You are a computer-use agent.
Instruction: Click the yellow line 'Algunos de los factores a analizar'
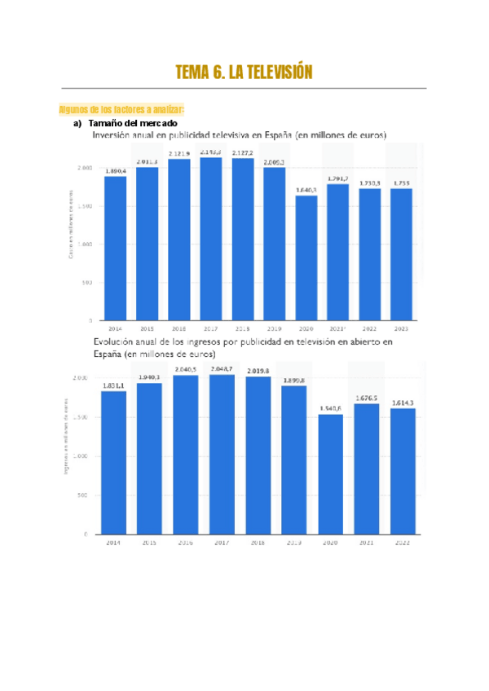click(x=122, y=109)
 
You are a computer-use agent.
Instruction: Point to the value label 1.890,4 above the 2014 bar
click(x=115, y=170)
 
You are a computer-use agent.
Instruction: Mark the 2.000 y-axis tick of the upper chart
click(x=84, y=167)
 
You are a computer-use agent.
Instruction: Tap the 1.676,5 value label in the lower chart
click(x=367, y=398)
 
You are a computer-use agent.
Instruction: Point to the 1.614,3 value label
click(x=403, y=403)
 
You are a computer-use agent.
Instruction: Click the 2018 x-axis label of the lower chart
click(x=258, y=542)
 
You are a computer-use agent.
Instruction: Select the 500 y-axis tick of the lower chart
click(x=81, y=495)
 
